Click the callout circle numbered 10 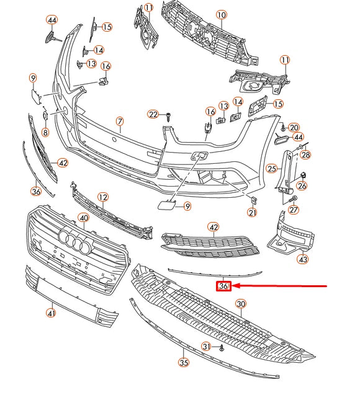[x=222, y=14]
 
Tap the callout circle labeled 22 [x=153, y=114]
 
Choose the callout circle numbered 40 [x=83, y=218]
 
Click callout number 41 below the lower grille [x=52, y=314]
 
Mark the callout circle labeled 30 [x=241, y=304]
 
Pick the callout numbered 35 [x=183, y=363]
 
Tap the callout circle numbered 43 [x=302, y=259]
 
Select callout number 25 [x=271, y=168]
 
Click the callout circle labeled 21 [x=252, y=213]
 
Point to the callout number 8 [x=45, y=132]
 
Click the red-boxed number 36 [x=223, y=286]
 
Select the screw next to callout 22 [x=168, y=115]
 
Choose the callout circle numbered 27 [x=294, y=210]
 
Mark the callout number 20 [x=294, y=127]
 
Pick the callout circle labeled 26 [x=302, y=185]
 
